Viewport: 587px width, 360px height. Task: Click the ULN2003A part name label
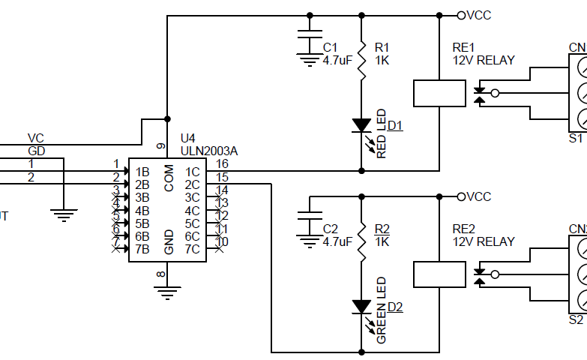(x=209, y=151)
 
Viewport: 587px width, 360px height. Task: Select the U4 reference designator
(x=188, y=139)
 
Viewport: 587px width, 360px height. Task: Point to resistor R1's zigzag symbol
(x=361, y=60)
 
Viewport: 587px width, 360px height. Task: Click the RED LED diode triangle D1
(x=361, y=124)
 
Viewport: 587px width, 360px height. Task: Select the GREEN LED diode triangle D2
(x=361, y=306)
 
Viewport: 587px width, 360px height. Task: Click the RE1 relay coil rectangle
(x=439, y=93)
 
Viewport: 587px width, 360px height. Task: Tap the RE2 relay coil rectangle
(x=439, y=274)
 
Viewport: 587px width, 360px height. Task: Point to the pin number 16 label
(x=222, y=163)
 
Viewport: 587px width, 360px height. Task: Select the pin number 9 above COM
(x=160, y=145)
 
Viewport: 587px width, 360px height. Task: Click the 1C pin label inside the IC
(x=192, y=172)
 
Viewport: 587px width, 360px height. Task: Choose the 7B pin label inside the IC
(x=142, y=248)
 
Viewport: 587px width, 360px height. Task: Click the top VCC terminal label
(x=478, y=15)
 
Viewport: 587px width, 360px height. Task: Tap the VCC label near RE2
(x=478, y=196)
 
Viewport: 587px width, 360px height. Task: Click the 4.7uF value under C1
(x=337, y=60)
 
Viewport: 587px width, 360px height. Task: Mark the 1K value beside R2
(x=382, y=241)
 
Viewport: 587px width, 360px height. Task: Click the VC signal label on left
(x=35, y=138)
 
